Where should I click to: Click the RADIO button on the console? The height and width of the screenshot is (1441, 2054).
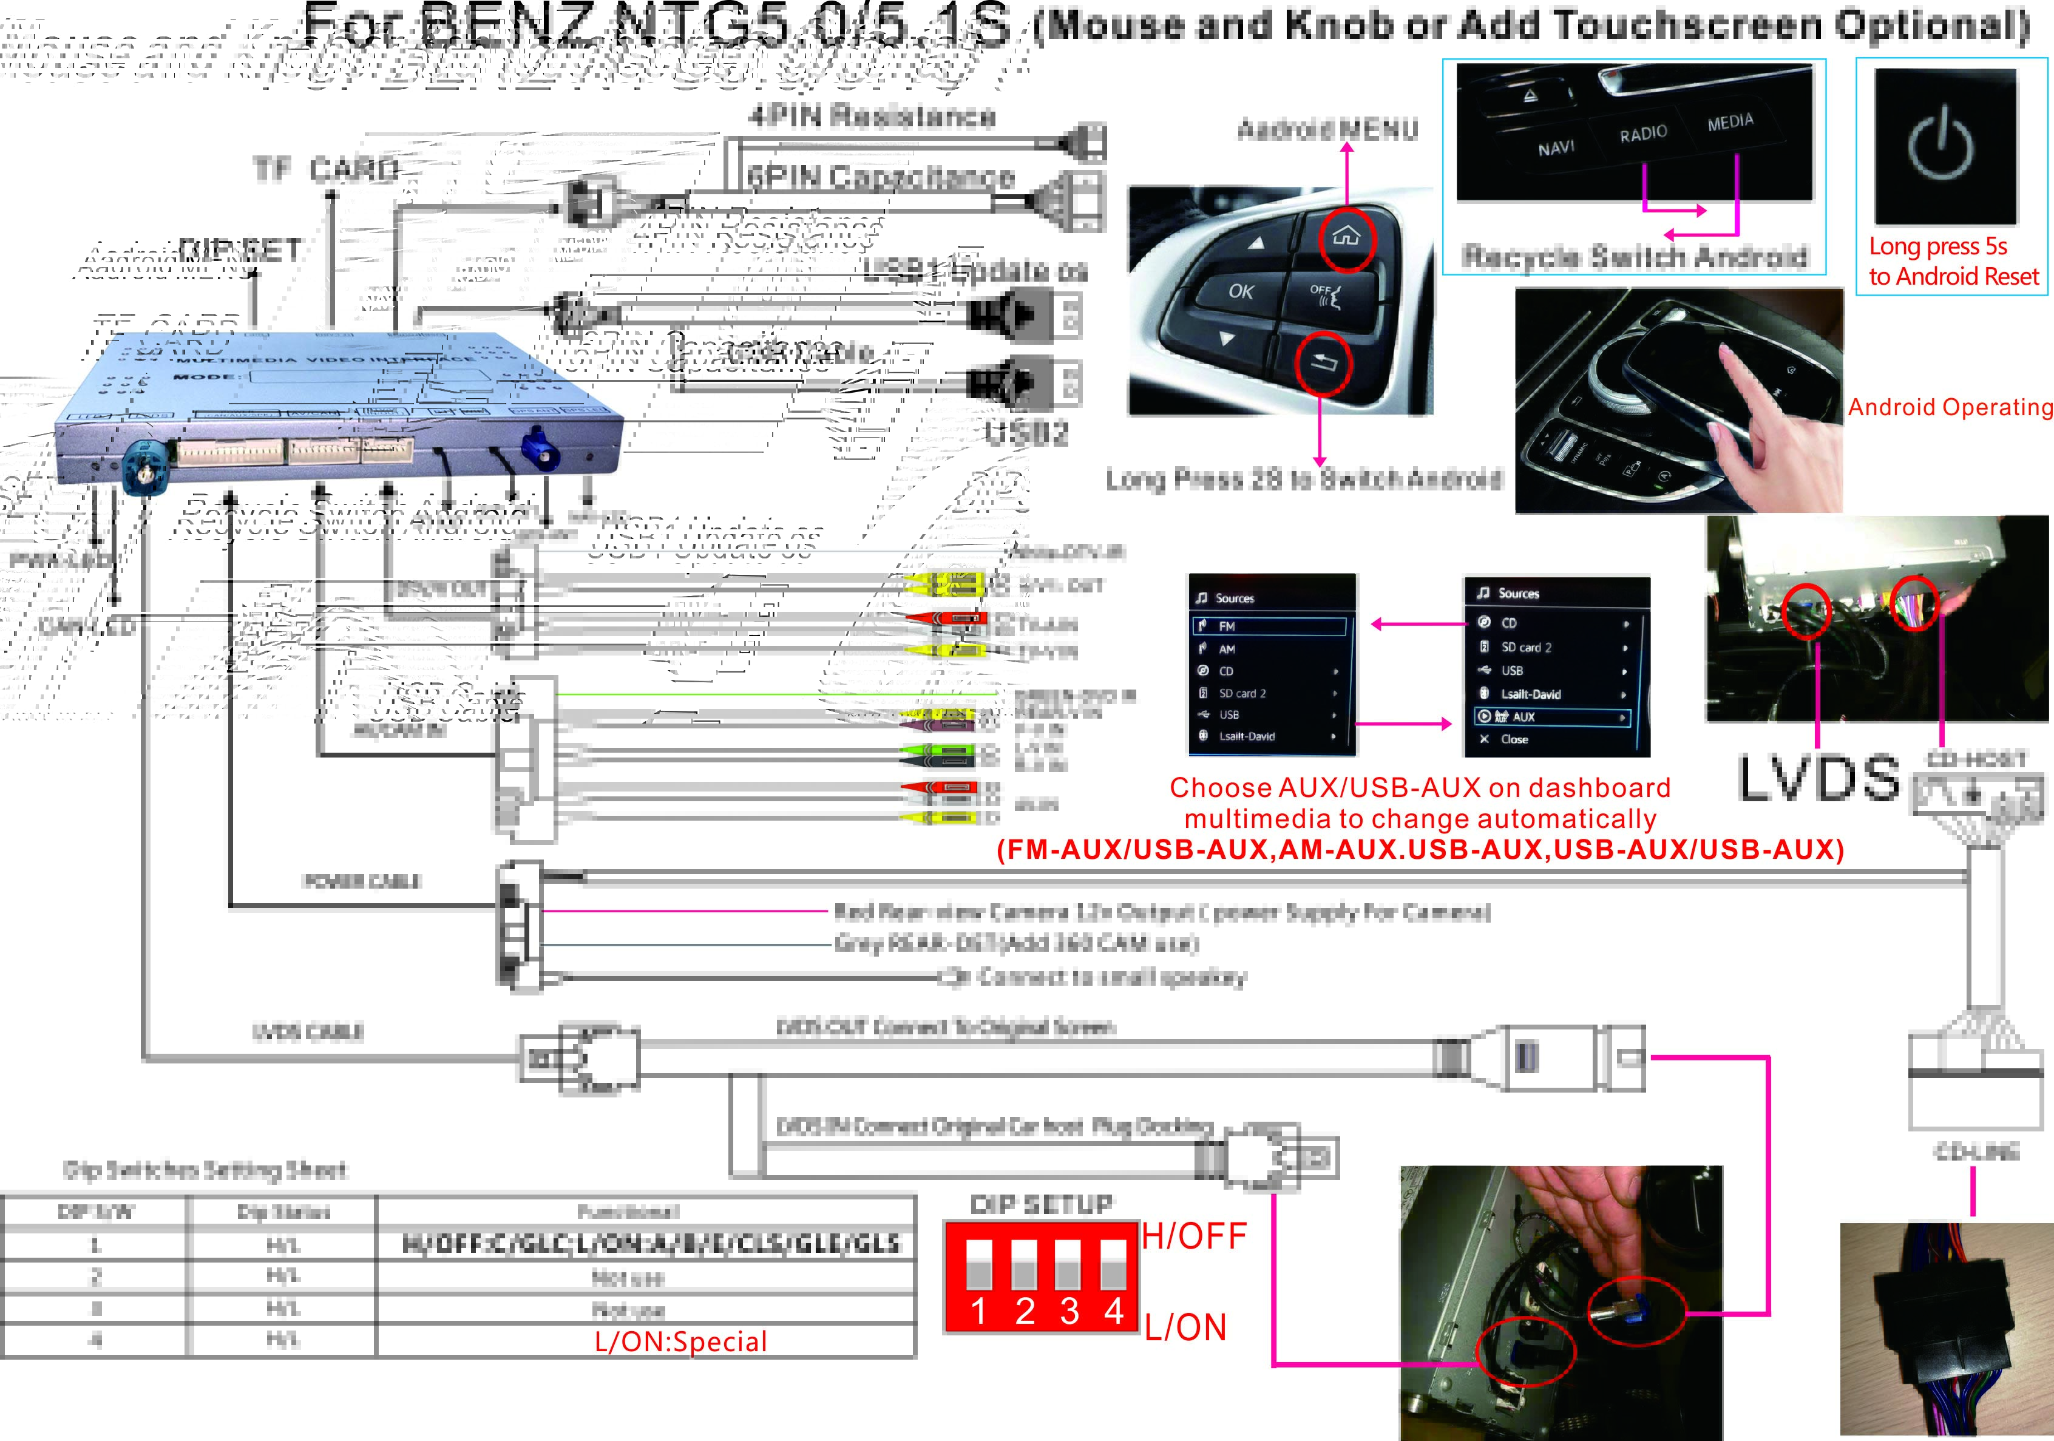point(1643,134)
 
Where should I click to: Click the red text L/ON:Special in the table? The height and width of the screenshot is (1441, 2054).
point(681,1341)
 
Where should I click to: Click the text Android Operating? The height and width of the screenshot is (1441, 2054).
point(1950,407)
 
